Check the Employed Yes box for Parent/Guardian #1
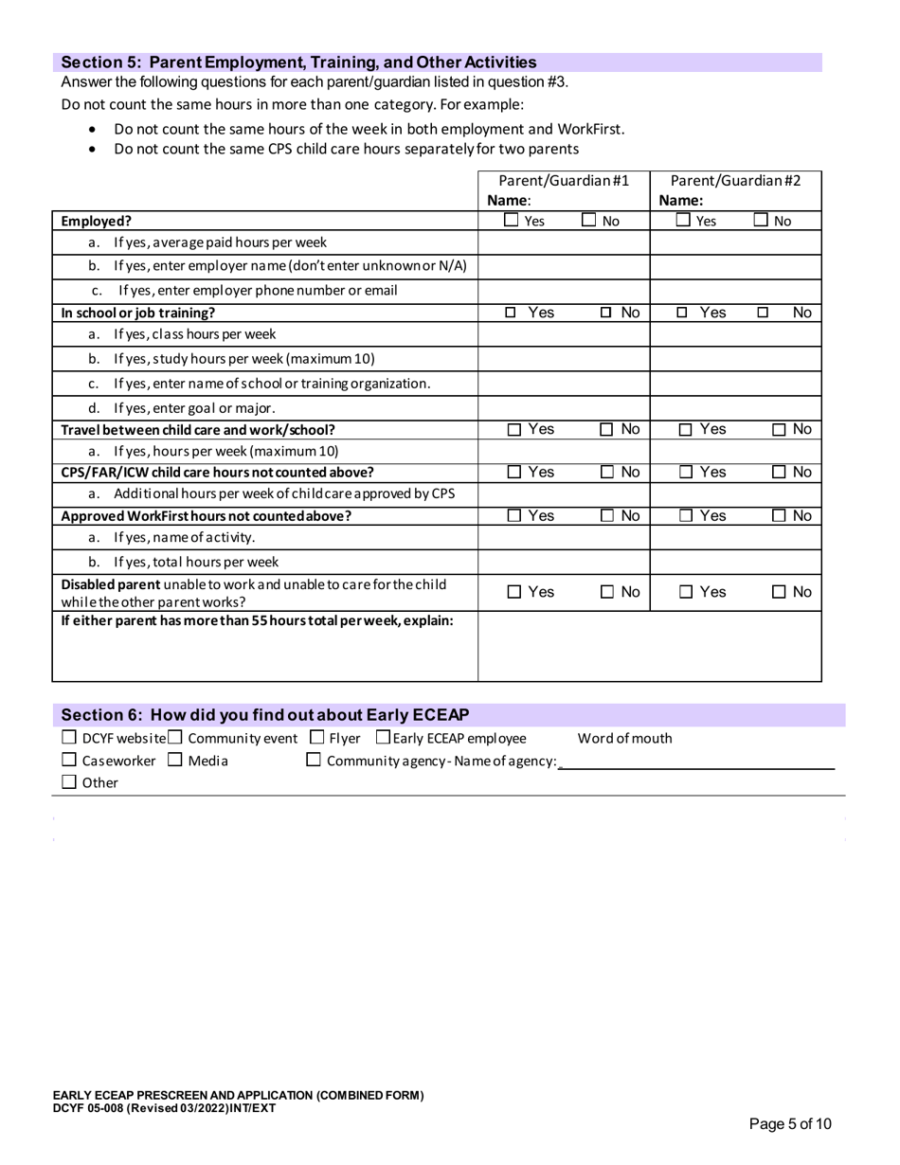(512, 221)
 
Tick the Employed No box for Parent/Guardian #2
(762, 221)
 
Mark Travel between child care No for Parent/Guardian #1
(607, 430)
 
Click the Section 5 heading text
(298, 63)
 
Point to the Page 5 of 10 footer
(790, 1124)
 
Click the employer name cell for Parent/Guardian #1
(563, 266)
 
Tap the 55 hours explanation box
(649, 646)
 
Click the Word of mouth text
(624, 739)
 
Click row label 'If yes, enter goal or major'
(194, 408)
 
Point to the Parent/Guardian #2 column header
(735, 180)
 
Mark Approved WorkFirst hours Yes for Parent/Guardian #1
(513, 516)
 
